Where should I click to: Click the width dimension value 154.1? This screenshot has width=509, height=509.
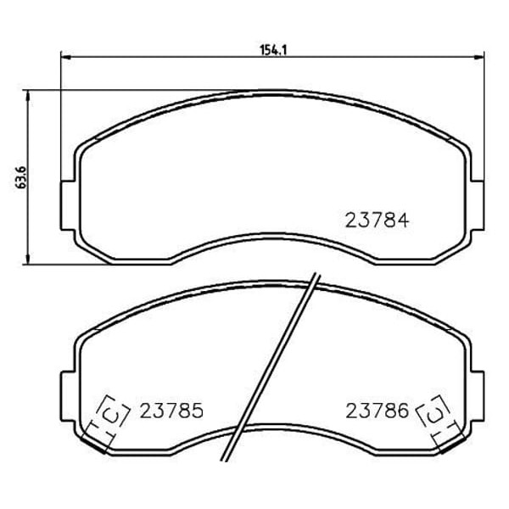[x=273, y=50]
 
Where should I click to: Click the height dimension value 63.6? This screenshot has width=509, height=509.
[x=20, y=177]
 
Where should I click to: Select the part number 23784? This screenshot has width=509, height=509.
[x=377, y=221]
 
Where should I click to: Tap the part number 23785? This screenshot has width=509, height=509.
[x=171, y=411]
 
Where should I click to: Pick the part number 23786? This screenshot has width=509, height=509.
[x=377, y=411]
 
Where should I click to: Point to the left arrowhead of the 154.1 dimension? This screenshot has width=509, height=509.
[x=65, y=58]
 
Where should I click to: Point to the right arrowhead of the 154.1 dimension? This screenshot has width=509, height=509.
[x=478, y=57]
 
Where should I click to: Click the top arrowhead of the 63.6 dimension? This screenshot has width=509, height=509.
[x=28, y=95]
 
